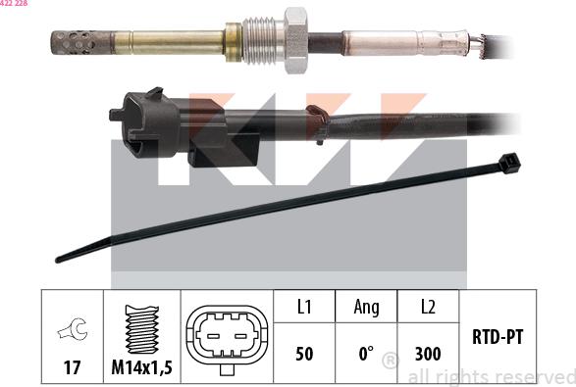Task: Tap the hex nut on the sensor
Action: (x=295, y=40)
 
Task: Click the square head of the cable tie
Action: (x=509, y=164)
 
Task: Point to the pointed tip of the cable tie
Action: (x=58, y=260)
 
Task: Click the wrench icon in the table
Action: (x=73, y=329)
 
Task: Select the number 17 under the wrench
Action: (x=72, y=367)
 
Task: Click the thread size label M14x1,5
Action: (x=142, y=367)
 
